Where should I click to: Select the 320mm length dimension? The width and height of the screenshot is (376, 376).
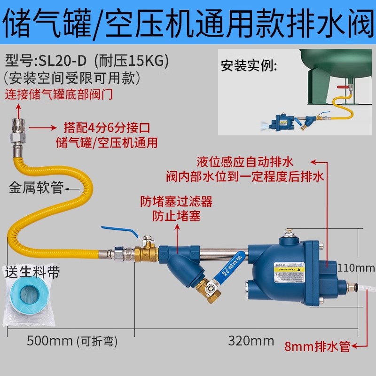click(x=244, y=340)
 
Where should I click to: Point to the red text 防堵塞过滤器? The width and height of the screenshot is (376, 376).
click(x=176, y=202)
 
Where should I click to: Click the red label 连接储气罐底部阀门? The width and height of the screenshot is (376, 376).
click(x=59, y=94)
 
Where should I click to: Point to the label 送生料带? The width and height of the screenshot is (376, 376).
click(x=32, y=272)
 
